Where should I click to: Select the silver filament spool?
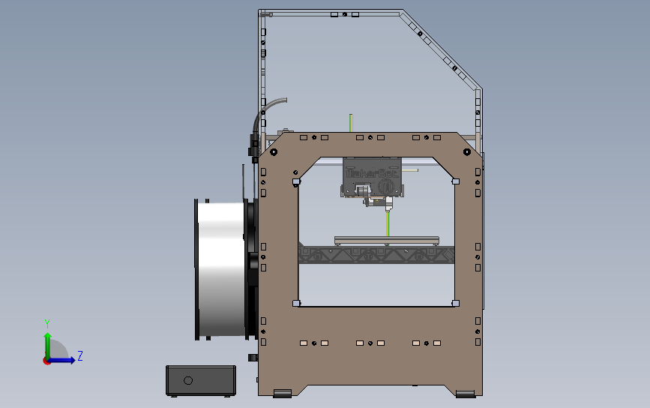point(221,269)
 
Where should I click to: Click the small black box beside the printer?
point(201,380)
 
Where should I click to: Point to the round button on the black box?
point(187,380)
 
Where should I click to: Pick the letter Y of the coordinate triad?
point(46,322)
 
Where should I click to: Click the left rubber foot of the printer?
point(282,393)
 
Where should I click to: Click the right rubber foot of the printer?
point(465,393)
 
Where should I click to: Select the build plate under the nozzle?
point(386,239)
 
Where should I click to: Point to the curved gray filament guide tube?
point(271,106)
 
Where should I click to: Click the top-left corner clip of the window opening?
point(296,181)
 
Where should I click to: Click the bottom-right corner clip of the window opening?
point(454,303)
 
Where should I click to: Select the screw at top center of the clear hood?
point(344,14)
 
